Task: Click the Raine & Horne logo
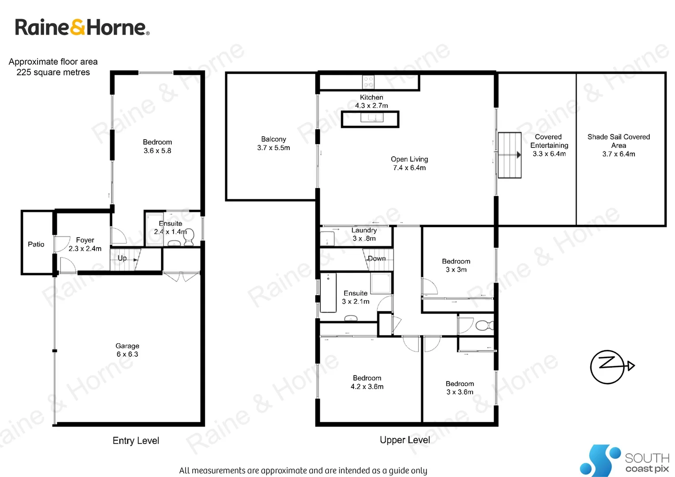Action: click(82, 27)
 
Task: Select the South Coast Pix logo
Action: click(625, 461)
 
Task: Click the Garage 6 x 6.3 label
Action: click(127, 350)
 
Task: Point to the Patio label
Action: click(36, 244)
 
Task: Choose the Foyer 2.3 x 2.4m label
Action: click(85, 244)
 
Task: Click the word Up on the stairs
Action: click(122, 258)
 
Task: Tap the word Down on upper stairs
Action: click(376, 258)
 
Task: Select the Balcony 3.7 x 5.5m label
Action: click(273, 144)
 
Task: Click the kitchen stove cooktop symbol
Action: click(368, 82)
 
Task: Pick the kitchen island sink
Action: click(372, 117)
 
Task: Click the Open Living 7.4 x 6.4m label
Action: click(410, 163)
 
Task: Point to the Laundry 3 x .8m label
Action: click(364, 234)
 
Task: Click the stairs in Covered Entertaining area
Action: click(509, 155)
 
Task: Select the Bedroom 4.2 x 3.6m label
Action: click(367, 382)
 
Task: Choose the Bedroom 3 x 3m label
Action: click(456, 265)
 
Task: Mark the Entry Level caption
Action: click(136, 441)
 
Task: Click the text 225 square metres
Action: click(53, 72)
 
